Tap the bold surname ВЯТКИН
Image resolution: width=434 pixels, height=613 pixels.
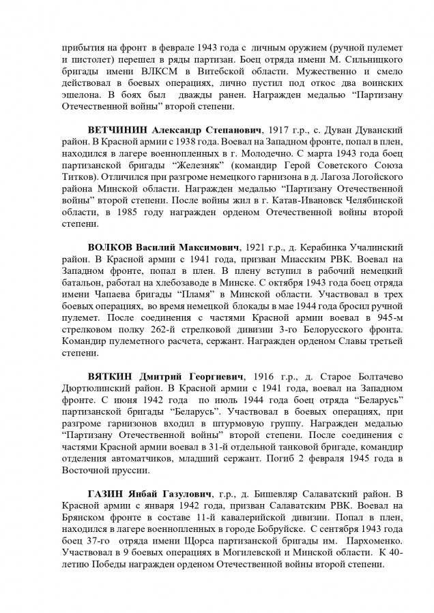tap(111, 376)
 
